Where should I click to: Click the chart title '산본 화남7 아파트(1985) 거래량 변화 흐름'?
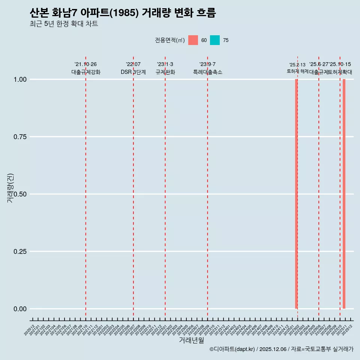tap(123, 13)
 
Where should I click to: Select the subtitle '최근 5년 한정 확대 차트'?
tap(64, 24)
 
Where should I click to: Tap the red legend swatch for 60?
tap(193, 40)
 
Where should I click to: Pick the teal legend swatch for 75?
tap(215, 40)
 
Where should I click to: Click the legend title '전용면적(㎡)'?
tap(169, 40)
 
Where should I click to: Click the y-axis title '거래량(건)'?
tap(10, 188)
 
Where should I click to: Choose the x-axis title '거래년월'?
tap(191, 340)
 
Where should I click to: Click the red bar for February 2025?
tap(296, 194)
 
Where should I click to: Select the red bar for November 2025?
tap(344, 194)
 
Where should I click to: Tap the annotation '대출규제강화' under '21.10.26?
tap(86, 72)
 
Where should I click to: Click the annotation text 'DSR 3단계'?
tap(133, 72)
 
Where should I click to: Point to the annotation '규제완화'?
tap(165, 72)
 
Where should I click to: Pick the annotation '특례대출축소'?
tap(208, 72)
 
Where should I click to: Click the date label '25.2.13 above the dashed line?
tap(297, 64)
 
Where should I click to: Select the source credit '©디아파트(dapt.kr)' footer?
tap(232, 349)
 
